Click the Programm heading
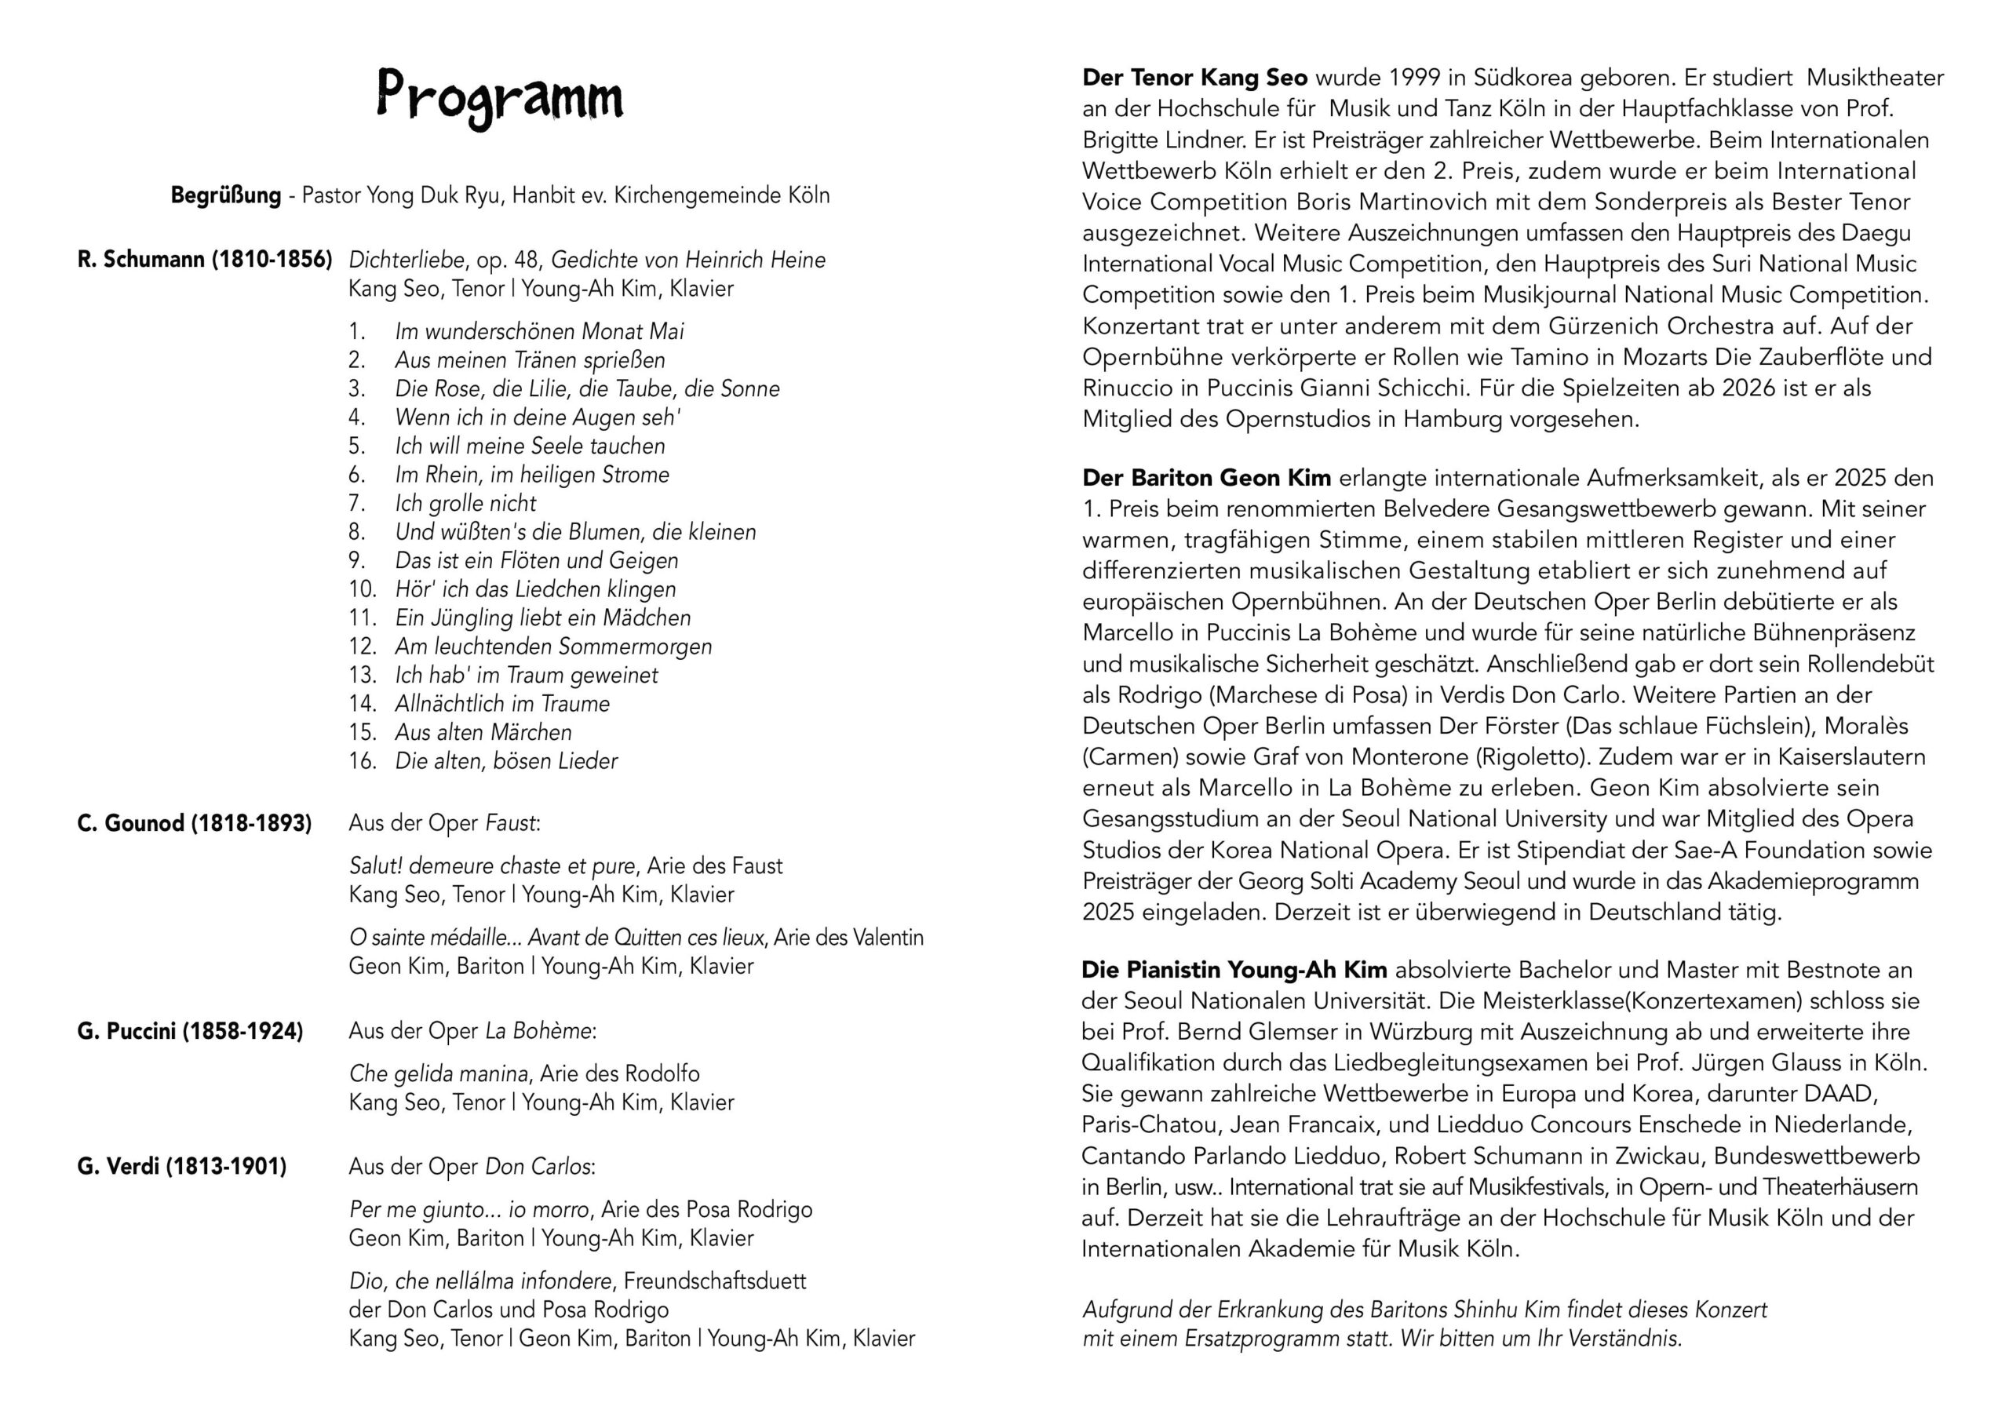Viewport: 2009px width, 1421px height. [x=500, y=97]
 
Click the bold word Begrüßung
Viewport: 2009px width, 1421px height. [x=226, y=195]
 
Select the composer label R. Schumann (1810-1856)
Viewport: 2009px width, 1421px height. [x=205, y=260]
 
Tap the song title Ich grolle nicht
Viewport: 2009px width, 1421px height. [x=465, y=503]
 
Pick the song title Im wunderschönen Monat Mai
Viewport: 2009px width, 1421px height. [x=539, y=332]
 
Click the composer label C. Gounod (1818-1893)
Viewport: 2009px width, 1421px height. [x=195, y=823]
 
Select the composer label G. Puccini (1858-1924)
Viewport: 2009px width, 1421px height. [x=190, y=1032]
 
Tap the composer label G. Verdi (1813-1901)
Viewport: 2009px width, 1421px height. [x=182, y=1168]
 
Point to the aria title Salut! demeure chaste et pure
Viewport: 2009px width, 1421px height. [x=493, y=866]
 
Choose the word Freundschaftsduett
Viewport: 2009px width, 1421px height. [x=715, y=1282]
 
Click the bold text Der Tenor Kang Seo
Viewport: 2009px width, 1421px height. [x=1194, y=78]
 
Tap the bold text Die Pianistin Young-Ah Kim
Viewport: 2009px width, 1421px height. [x=1234, y=970]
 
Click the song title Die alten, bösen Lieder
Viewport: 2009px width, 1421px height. [x=505, y=761]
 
